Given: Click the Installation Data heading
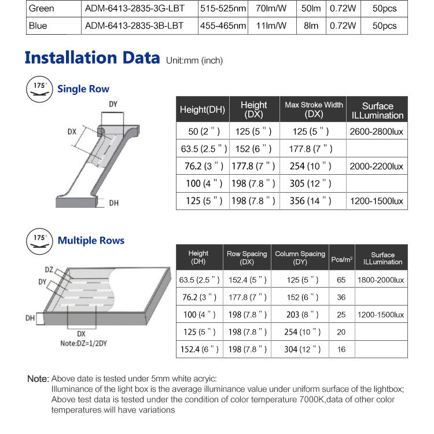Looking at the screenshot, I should [x=92, y=58].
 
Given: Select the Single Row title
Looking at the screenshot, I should [x=83, y=89].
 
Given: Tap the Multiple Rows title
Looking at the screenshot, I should [x=91, y=241].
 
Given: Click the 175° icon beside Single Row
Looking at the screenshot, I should [x=39, y=88].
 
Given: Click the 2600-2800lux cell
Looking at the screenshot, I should [x=377, y=131].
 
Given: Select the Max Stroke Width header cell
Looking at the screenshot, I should [x=314, y=109].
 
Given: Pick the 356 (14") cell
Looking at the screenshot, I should [x=312, y=201].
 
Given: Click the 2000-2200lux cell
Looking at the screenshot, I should [x=377, y=166].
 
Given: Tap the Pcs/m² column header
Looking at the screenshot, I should [x=341, y=258].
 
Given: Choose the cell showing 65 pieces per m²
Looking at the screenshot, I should [x=341, y=280].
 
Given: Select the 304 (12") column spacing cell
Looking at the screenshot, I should [x=300, y=350].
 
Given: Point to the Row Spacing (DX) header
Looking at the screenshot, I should [x=247, y=258].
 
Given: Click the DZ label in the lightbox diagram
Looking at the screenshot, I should [x=50, y=270].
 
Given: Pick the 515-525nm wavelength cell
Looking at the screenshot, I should [x=223, y=9].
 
